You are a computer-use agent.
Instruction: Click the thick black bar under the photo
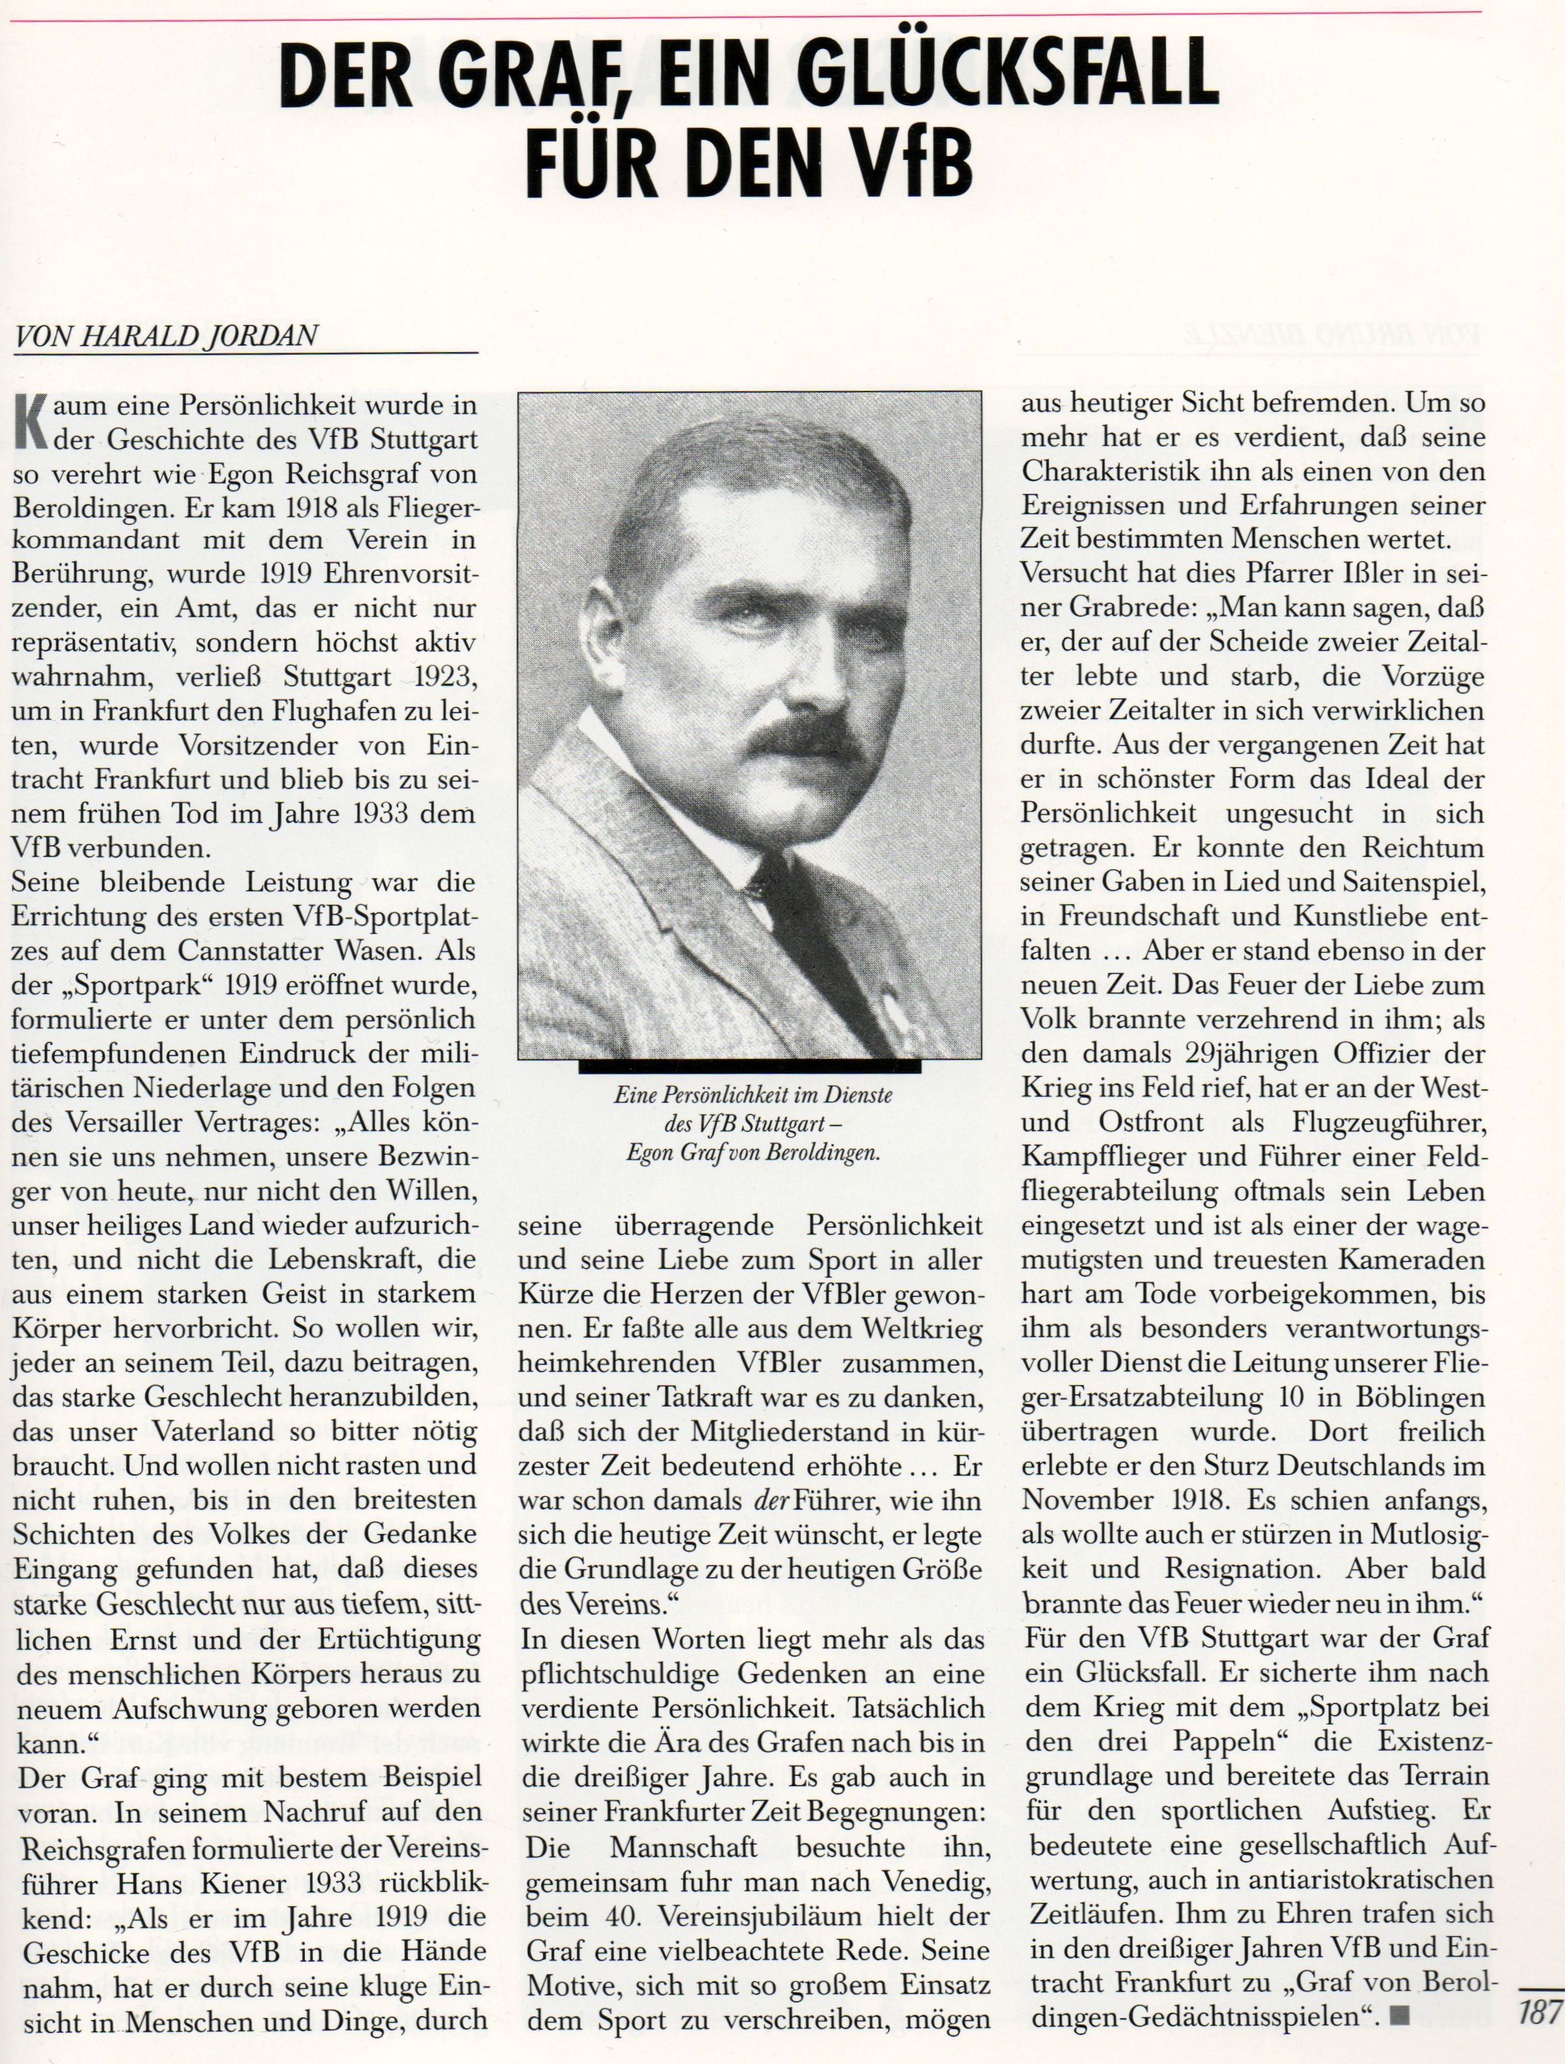749,1065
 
